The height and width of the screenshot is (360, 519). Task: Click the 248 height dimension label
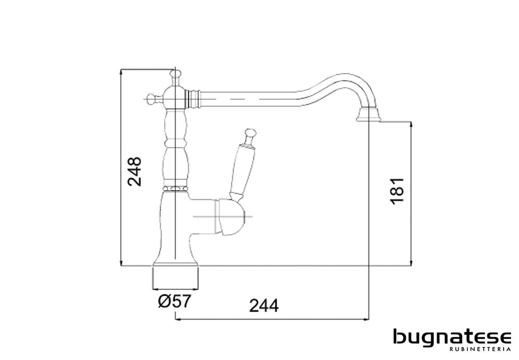click(135, 171)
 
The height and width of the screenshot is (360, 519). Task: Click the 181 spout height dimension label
click(398, 191)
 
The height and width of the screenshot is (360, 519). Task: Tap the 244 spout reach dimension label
click(264, 305)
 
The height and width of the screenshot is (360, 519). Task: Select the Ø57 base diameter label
click(174, 301)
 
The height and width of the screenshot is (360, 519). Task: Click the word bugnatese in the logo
click(452, 338)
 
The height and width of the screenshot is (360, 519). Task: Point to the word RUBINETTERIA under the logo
click(480, 349)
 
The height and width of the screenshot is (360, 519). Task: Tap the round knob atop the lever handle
click(250, 132)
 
